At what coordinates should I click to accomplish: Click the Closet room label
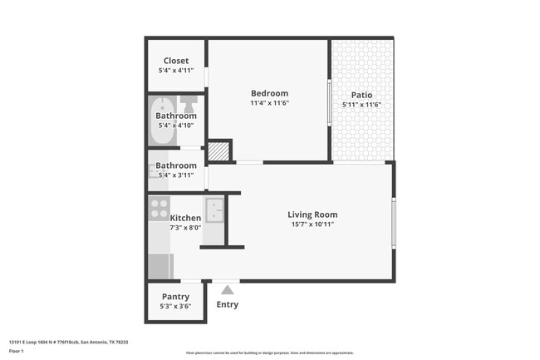[x=175, y=61]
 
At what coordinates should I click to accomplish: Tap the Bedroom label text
[x=269, y=93]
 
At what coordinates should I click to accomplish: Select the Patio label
[x=361, y=95]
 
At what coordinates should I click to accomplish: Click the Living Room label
[x=312, y=215]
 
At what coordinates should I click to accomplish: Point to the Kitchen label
[x=185, y=218]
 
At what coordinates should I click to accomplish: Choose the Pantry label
[x=175, y=296]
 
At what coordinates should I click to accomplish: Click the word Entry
[x=227, y=304]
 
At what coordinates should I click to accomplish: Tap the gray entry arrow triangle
[x=227, y=289]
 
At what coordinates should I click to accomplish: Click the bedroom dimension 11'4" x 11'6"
[x=269, y=104]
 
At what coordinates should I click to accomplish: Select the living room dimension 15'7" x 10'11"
[x=312, y=224]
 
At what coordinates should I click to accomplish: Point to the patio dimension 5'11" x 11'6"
[x=361, y=105]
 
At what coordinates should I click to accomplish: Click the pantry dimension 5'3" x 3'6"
[x=175, y=306]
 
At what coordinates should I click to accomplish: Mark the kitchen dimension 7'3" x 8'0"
[x=185, y=228]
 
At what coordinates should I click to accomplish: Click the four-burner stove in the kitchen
[x=159, y=207]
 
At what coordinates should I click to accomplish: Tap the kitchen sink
[x=214, y=210]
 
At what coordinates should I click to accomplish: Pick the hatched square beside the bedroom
[x=217, y=151]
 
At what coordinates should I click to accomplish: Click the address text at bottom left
[x=68, y=342]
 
